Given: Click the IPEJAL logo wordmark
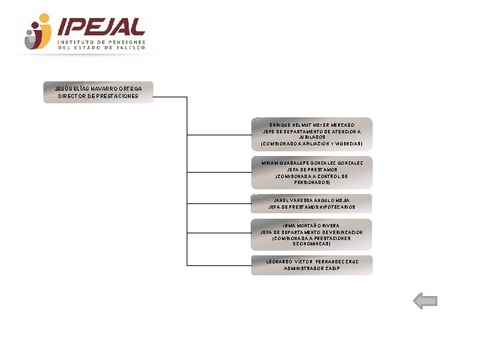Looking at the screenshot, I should (x=101, y=27).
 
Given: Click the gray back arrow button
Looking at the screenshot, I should (x=425, y=301).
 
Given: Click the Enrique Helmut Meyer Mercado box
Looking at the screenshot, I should (x=311, y=134).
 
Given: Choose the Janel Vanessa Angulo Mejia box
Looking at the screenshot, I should (x=311, y=203).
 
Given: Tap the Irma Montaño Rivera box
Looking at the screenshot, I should (x=311, y=235).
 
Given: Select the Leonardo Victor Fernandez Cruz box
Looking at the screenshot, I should (x=311, y=265).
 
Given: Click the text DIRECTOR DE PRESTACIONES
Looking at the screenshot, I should (x=98, y=96).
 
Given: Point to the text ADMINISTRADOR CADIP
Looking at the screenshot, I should (x=312, y=269).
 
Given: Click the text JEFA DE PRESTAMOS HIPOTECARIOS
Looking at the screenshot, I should (x=312, y=207).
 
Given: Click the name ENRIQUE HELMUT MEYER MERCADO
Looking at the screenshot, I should (x=312, y=125).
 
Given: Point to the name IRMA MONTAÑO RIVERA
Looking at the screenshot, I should (x=312, y=226).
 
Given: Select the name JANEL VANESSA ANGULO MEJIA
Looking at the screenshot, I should (x=312, y=200).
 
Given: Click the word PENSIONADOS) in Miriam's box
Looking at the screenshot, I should (x=312, y=182).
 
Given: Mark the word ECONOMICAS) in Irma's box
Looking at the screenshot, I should (x=312, y=244).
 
